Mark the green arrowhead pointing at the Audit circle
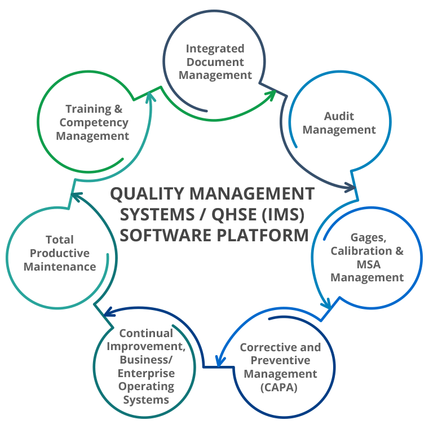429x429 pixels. pyautogui.click(x=271, y=94)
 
